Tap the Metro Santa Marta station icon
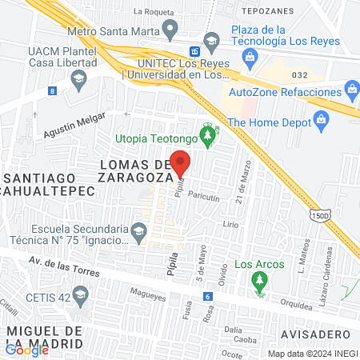click(169, 30)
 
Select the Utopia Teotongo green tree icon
click(208, 138)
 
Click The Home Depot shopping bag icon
click(322, 122)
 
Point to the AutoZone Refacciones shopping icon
click(350, 88)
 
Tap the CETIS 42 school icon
click(79, 296)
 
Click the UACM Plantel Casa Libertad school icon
click(78, 78)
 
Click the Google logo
click(26, 349)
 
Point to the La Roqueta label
click(154, 12)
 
